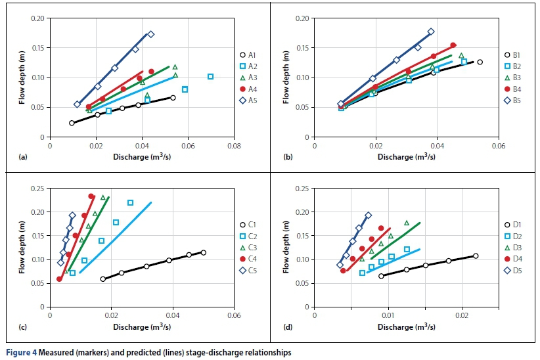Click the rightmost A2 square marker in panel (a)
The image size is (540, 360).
click(x=210, y=76)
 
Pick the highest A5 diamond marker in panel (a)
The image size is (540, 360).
click(x=150, y=34)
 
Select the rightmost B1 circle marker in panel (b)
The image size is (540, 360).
click(x=480, y=62)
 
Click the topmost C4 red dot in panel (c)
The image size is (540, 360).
click(x=91, y=196)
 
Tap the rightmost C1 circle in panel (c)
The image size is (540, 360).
click(x=204, y=252)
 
